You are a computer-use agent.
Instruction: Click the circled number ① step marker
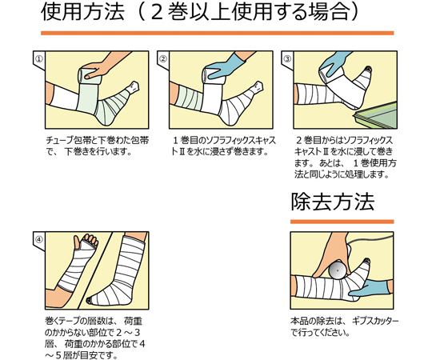(39, 59)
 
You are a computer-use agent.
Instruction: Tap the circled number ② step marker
(163, 59)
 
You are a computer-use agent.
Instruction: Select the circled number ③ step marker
(287, 59)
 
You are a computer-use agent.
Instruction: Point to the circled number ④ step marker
(39, 240)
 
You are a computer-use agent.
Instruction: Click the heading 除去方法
(333, 202)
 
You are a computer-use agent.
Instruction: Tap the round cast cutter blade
(338, 270)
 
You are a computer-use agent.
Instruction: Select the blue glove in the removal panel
(370, 289)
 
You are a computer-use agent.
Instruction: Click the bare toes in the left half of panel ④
(89, 241)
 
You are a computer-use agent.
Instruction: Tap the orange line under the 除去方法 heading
(342, 222)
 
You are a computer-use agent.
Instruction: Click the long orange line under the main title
(218, 33)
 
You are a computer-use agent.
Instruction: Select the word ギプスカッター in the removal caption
(375, 322)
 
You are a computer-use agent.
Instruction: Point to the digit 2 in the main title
(157, 12)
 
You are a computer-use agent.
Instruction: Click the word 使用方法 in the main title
(82, 12)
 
